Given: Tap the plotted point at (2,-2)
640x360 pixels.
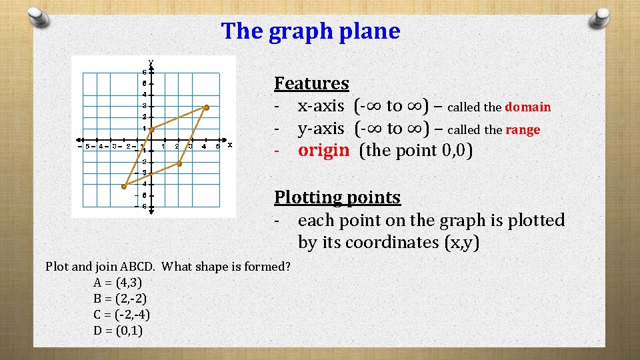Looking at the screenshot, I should point(179,163).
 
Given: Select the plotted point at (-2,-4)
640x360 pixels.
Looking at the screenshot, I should point(124,187).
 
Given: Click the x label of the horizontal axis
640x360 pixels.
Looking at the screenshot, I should point(230,145).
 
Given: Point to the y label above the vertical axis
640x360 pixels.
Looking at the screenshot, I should point(151,62).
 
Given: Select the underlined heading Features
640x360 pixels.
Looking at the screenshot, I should point(311,83).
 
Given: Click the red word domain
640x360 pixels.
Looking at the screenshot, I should point(528,107).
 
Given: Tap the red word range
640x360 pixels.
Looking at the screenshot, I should point(523,129).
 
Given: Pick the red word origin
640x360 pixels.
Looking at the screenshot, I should point(323,150).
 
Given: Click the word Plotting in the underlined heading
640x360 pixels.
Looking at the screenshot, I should point(306,197).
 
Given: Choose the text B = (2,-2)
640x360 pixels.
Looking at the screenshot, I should point(118,298).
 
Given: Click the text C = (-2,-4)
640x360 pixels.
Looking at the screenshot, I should point(122,314).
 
